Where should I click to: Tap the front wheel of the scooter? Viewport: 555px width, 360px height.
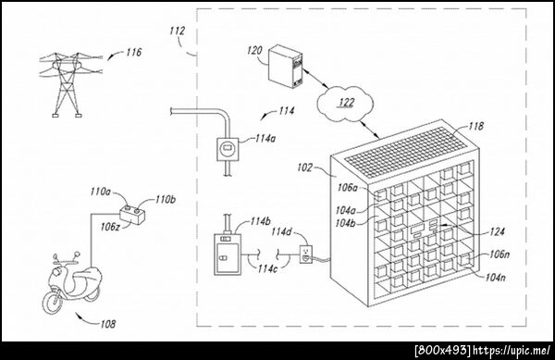(53, 302)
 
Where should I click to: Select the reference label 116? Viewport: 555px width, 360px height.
(133, 53)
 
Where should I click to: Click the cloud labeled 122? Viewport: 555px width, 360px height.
(345, 103)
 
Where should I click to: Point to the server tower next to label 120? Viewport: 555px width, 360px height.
(285, 67)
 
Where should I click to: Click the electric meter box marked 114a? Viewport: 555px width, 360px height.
(227, 149)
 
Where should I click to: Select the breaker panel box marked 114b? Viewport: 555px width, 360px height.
(228, 254)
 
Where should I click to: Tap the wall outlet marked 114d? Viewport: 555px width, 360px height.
(306, 254)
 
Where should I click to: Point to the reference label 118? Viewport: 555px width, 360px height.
(476, 126)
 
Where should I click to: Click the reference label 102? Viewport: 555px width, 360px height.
(304, 168)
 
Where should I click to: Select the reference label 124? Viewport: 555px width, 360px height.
(497, 232)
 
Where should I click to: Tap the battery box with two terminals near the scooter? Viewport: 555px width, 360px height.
(132, 215)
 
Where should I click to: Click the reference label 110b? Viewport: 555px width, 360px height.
(166, 199)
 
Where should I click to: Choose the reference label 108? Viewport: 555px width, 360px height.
(108, 324)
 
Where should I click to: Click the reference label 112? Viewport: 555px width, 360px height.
(177, 31)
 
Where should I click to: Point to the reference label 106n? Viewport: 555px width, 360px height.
(499, 254)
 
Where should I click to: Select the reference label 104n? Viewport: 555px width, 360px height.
(496, 277)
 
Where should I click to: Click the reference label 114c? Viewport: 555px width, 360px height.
(267, 268)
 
